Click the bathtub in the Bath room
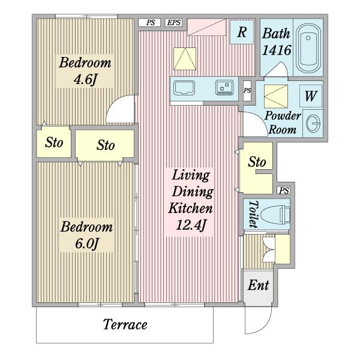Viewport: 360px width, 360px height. pyautogui.click(x=308, y=49)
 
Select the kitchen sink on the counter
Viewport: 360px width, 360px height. pyautogui.click(x=184, y=88)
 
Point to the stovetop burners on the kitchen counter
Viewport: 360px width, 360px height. pyautogui.click(x=224, y=88)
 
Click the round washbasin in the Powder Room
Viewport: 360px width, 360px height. pyautogui.click(x=313, y=123)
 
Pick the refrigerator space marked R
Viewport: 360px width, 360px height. pyautogui.click(x=242, y=32)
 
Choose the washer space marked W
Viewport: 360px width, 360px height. pyautogui.click(x=311, y=96)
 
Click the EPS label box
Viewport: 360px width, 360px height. pyautogui.click(x=173, y=23)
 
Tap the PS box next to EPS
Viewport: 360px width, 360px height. pyautogui.click(x=149, y=23)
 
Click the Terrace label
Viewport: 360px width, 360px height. pyautogui.click(x=125, y=325)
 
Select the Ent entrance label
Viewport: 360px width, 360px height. pyautogui.click(x=258, y=285)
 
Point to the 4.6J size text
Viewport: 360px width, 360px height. pyautogui.click(x=85, y=79)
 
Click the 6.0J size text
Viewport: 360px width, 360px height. pyautogui.click(x=87, y=244)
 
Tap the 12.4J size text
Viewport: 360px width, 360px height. pyautogui.click(x=191, y=225)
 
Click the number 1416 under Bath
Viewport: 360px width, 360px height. pyautogui.click(x=277, y=50)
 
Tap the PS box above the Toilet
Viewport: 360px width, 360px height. pyautogui.click(x=284, y=190)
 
